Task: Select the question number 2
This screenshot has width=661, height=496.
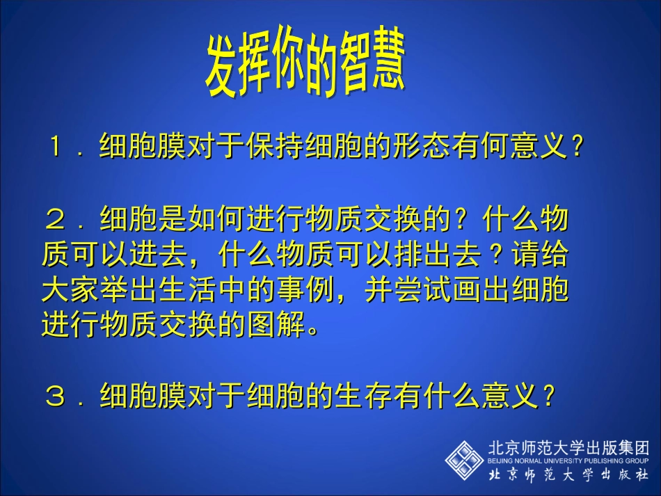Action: pyautogui.click(x=56, y=221)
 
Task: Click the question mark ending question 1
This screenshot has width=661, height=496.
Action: pyautogui.click(x=575, y=147)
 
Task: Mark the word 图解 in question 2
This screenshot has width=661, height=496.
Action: pyautogui.click(x=276, y=326)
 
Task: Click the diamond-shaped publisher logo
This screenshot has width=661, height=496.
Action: pyautogui.click(x=464, y=458)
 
